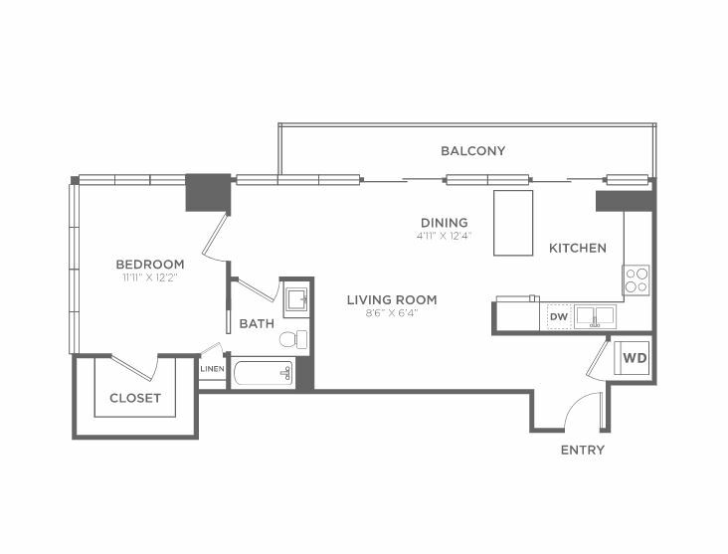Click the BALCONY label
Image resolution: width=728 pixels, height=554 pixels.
pyautogui.click(x=472, y=151)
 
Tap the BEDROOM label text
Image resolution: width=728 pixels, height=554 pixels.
pyautogui.click(x=150, y=265)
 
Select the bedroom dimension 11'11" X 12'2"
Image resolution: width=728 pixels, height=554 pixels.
pyautogui.click(x=150, y=277)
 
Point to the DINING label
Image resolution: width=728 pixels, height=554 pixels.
pyautogui.click(x=445, y=223)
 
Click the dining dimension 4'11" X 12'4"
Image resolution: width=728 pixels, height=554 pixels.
pyautogui.click(x=444, y=236)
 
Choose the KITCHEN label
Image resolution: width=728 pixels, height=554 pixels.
pyautogui.click(x=578, y=248)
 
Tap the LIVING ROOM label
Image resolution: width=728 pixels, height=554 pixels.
pyautogui.click(x=392, y=300)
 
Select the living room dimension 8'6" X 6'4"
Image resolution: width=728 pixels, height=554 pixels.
pyautogui.click(x=392, y=313)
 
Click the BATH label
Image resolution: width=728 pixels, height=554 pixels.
pyautogui.click(x=257, y=323)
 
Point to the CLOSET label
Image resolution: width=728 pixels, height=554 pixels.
pyautogui.click(x=135, y=398)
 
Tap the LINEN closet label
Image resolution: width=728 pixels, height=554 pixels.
pyautogui.click(x=212, y=369)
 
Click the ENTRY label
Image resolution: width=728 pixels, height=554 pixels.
pyautogui.click(x=583, y=450)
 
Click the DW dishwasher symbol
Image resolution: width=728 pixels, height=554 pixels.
pyautogui.click(x=559, y=316)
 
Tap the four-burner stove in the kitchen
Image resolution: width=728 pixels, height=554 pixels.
pyautogui.click(x=637, y=280)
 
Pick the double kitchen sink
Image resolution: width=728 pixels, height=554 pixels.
pyautogui.click(x=595, y=316)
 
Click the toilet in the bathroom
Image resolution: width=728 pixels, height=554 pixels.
pyautogui.click(x=294, y=339)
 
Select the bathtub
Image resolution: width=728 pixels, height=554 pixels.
pyautogui.click(x=263, y=373)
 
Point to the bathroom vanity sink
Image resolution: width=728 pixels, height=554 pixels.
pyautogui.click(x=296, y=299)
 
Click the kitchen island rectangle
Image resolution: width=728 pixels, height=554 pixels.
pyautogui.click(x=513, y=223)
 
